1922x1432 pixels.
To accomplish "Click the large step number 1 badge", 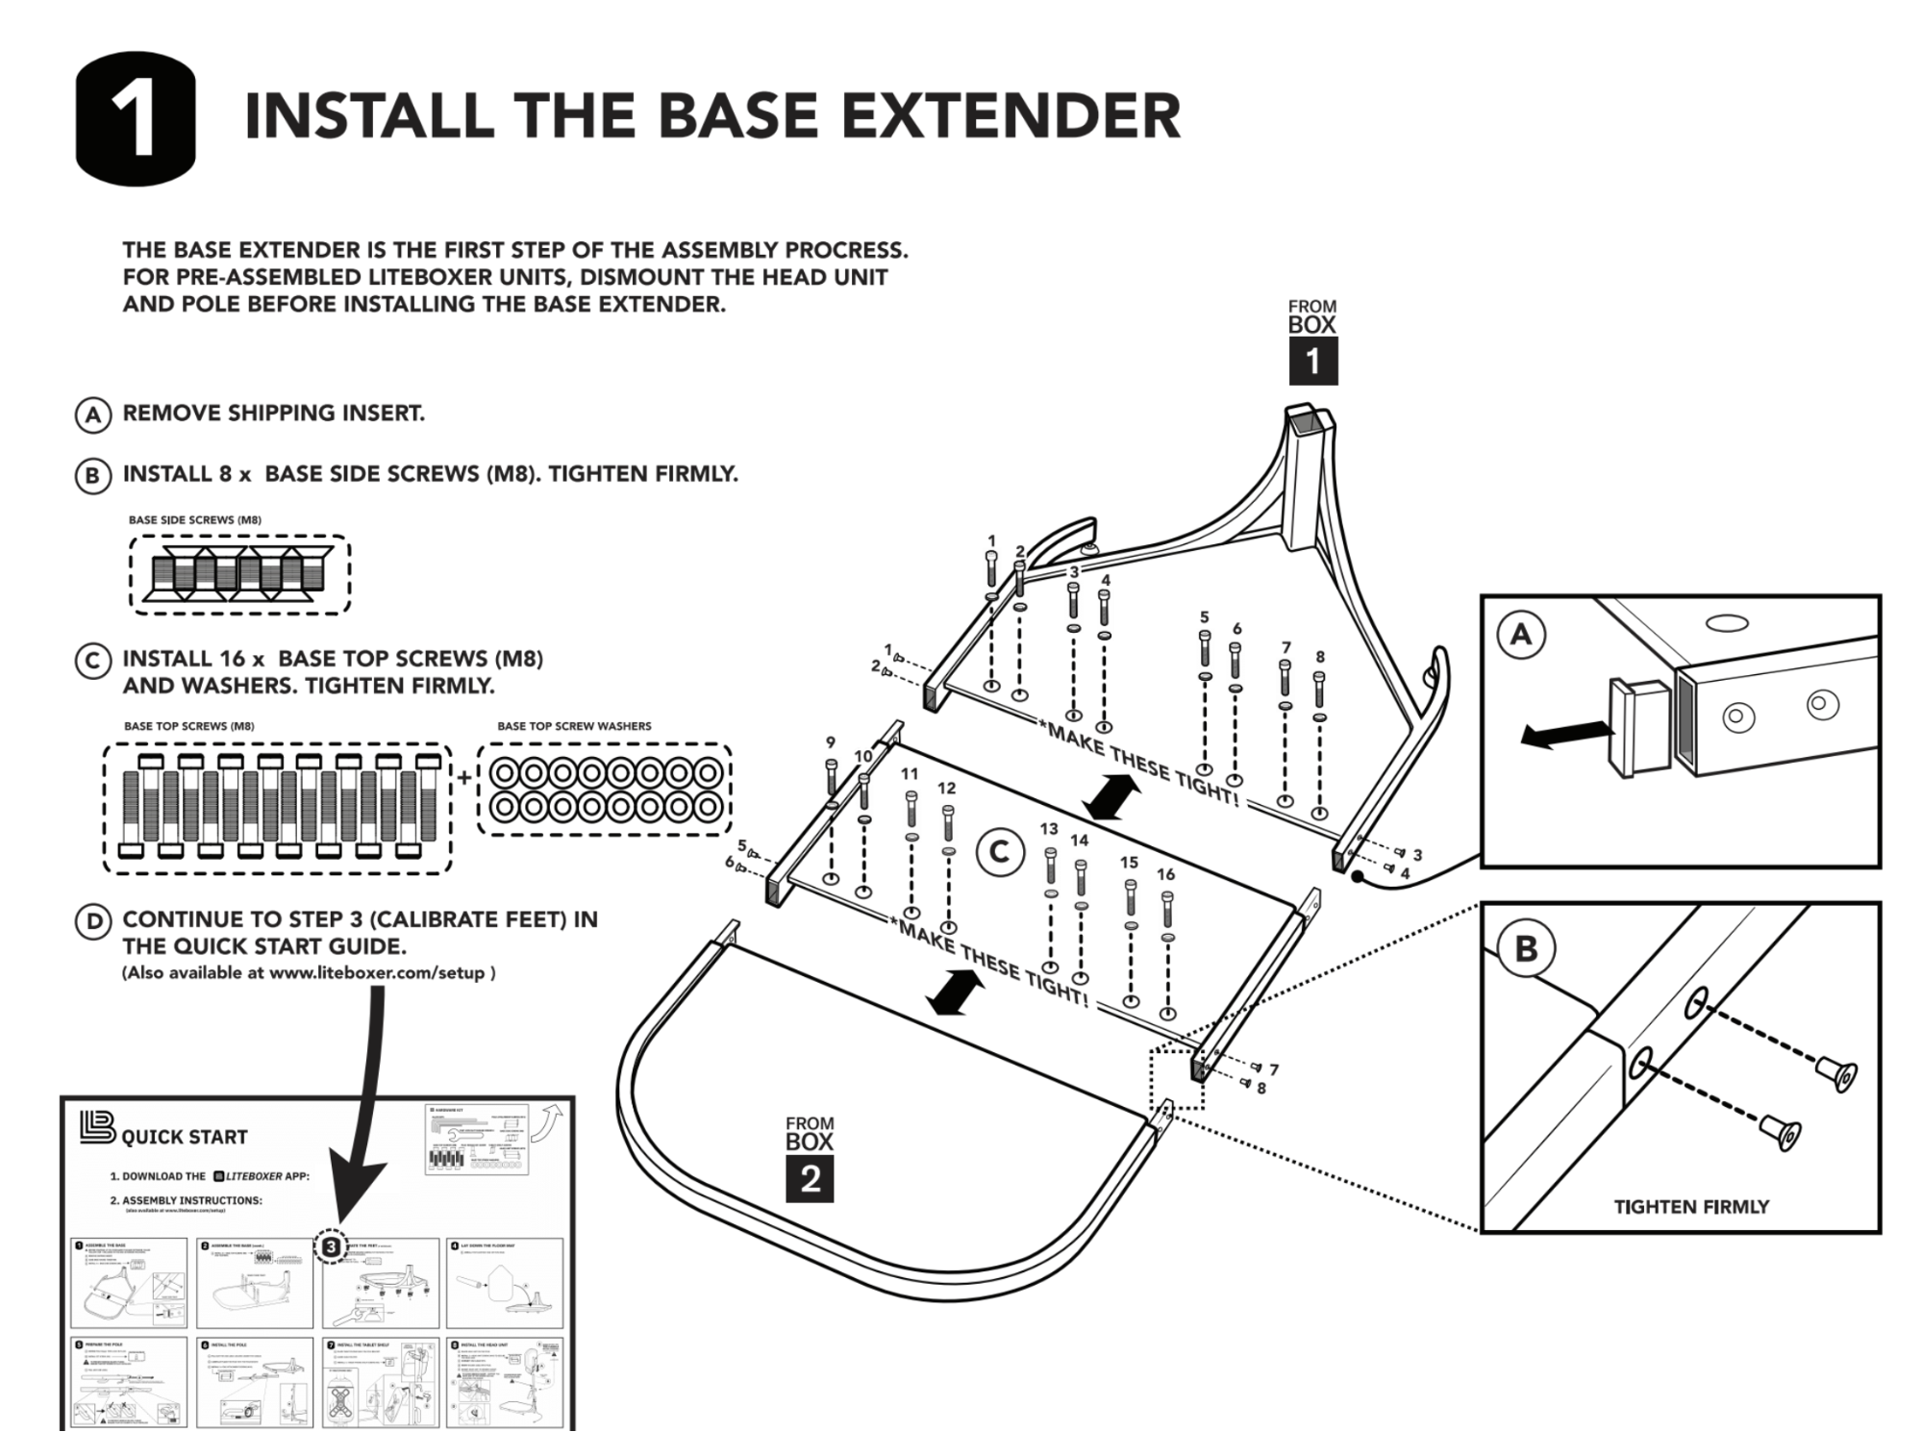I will point(135,119).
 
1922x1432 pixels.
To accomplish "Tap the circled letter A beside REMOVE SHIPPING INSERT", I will point(92,415).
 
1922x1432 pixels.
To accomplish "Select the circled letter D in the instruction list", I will point(92,921).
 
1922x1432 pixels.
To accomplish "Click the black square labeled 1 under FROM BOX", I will point(1312,361).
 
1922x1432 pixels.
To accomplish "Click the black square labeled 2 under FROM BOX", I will point(810,1178).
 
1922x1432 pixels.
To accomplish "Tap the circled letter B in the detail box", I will point(1526,949).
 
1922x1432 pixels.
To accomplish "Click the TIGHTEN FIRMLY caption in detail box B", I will point(1690,1206).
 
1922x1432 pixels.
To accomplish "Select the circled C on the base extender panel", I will point(999,852).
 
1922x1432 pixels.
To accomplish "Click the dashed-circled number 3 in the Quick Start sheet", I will point(330,1246).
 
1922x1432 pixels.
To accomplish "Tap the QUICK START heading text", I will point(184,1137).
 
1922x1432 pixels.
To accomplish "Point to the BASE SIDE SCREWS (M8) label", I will point(194,520).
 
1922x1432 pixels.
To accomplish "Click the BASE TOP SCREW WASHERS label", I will point(574,726).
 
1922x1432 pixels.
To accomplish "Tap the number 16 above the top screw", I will point(1165,874).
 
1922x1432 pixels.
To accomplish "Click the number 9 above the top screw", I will point(831,742).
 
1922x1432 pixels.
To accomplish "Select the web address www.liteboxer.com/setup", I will point(377,972).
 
